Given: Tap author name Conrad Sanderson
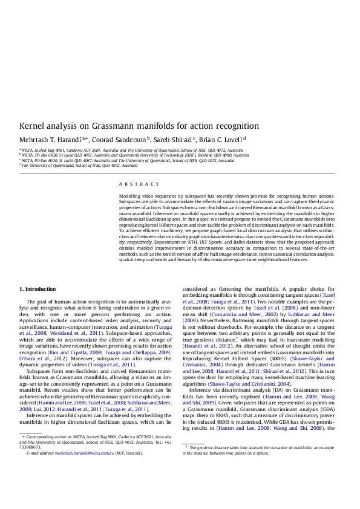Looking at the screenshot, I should coord(119,140).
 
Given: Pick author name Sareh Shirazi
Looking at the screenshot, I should coord(175,140).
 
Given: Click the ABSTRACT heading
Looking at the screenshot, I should coord(131,184).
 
